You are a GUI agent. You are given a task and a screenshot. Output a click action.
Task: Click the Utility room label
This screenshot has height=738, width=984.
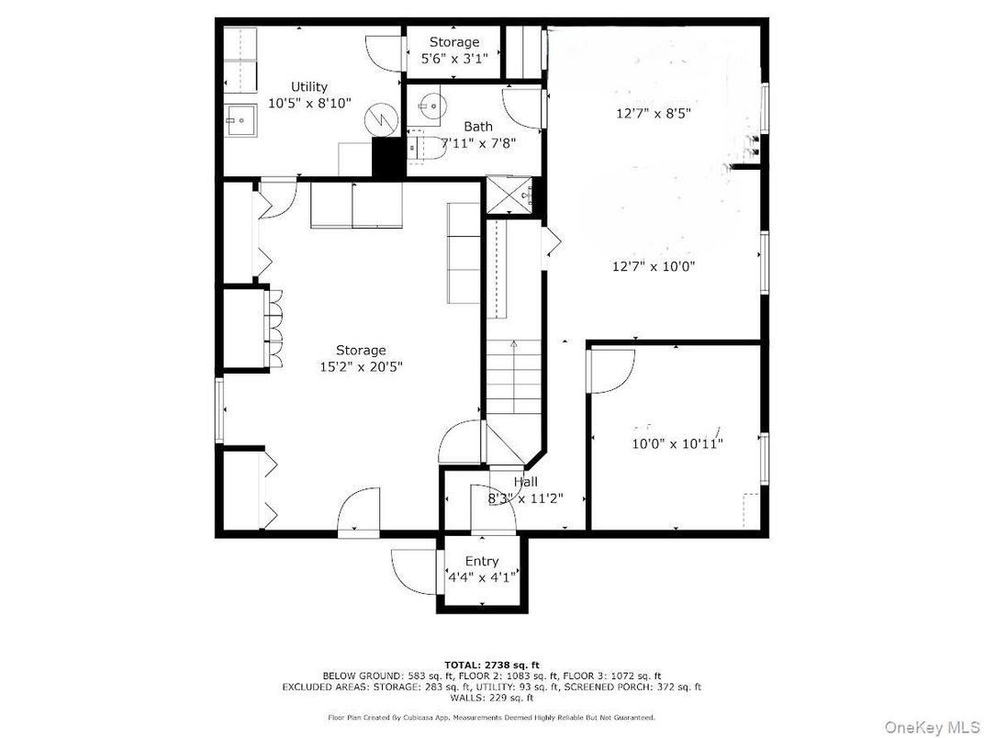click(309, 87)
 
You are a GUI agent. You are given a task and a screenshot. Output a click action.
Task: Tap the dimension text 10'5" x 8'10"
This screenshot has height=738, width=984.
click(309, 104)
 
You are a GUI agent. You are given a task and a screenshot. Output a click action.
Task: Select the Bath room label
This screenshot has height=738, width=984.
click(477, 127)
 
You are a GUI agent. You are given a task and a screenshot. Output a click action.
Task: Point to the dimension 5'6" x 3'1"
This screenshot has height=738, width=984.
click(454, 59)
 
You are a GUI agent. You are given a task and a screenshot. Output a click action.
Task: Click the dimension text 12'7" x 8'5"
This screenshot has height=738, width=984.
click(652, 114)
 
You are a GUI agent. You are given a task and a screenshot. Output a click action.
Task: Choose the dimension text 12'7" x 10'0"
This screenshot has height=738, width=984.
click(654, 267)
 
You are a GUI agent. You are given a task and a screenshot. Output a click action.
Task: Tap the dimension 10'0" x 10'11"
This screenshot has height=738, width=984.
click(677, 443)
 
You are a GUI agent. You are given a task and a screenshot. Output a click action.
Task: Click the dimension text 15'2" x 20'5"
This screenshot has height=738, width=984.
click(361, 366)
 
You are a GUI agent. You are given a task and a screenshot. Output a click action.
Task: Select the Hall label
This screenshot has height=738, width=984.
click(526, 482)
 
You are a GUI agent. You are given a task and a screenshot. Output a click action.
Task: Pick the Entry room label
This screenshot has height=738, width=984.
click(482, 561)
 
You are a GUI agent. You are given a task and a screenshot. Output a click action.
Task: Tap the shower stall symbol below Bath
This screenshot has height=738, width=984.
click(509, 194)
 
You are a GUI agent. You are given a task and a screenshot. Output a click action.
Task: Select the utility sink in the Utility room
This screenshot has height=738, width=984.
click(240, 118)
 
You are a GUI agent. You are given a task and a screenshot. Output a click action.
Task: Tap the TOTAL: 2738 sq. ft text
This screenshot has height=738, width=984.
click(491, 665)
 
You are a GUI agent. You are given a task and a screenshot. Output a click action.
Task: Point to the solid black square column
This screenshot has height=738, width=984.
click(388, 160)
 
